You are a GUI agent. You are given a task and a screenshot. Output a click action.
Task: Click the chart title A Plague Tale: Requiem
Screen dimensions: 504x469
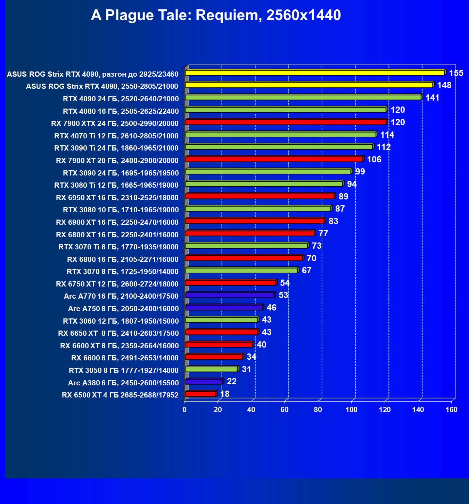pos(216,15)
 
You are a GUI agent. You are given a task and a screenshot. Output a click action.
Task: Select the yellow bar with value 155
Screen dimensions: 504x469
pos(315,72)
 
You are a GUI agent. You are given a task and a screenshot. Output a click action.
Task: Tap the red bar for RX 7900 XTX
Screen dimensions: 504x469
pos(286,122)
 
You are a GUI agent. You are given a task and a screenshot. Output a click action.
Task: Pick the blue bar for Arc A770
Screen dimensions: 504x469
pos(230,295)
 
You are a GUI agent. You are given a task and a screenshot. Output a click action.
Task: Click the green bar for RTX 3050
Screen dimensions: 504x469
pos(211,369)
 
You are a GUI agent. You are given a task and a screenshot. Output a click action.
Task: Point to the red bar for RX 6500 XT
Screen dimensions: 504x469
pos(200,394)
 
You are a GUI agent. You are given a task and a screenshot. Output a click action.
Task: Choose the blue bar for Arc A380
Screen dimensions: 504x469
pos(204,382)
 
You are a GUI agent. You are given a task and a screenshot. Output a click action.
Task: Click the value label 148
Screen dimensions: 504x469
pos(444,85)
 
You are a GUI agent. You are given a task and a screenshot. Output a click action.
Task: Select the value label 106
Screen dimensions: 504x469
pos(374,160)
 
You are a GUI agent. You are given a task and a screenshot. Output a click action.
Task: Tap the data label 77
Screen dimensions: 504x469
pos(323,233)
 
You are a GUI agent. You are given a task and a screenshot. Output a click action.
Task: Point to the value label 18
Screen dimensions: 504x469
pos(225,394)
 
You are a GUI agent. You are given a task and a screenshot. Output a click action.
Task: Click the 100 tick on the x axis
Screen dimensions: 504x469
pos(351,410)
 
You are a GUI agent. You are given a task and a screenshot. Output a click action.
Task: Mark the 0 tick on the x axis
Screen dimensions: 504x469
pos(184,410)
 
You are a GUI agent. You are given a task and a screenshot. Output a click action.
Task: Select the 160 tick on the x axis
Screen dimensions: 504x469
pos(451,410)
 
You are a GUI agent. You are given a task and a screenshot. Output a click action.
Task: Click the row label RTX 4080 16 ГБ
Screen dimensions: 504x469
pos(121,111)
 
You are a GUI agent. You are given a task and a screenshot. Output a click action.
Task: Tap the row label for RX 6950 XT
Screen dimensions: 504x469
pos(117,198)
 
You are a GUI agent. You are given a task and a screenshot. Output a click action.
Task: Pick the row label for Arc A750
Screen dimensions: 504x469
pos(123,309)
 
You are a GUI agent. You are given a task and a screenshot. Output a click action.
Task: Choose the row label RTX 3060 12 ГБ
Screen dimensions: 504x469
pos(121,321)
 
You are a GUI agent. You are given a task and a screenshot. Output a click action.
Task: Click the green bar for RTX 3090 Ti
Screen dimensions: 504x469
pos(279,147)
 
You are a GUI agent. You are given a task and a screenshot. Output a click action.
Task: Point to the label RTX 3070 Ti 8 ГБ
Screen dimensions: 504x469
pos(118,247)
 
